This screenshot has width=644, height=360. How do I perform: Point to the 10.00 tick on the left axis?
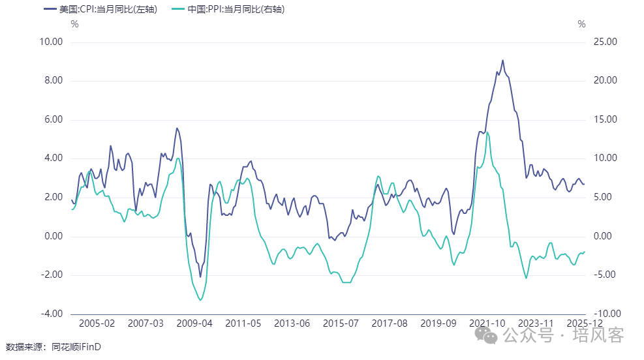coord(51,42)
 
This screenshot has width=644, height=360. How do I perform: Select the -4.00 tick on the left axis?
coord(51,314)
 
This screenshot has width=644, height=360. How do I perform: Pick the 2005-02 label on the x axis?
coord(97,323)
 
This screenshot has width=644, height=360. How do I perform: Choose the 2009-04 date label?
coord(195,323)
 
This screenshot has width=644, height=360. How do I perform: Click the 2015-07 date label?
coord(341,323)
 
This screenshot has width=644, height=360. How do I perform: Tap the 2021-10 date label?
coord(487,323)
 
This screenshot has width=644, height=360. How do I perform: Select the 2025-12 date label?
coord(585,323)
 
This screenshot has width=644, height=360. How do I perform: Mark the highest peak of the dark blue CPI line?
coord(502,60)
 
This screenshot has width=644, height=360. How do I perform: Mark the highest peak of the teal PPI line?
coord(487,132)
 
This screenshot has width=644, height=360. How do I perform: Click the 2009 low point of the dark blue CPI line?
coord(200,277)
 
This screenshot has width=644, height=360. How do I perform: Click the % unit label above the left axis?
coord(74,25)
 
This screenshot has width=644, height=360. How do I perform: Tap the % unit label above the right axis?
coord(581,25)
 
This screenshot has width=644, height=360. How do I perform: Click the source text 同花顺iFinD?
coord(78,346)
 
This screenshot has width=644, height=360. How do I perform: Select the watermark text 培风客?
coord(598,335)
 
